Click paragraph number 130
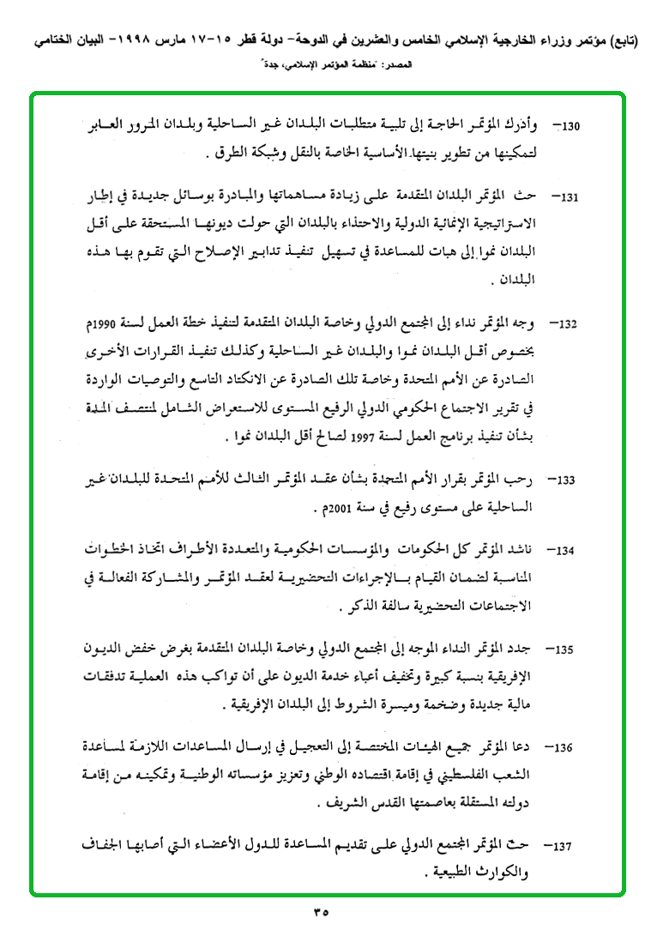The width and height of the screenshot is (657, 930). tap(572, 126)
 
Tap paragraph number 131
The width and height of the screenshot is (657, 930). tap(572, 197)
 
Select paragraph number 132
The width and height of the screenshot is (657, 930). tap(572, 325)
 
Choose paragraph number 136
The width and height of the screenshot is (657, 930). tap(572, 747)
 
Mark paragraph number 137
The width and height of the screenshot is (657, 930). tap(572, 847)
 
